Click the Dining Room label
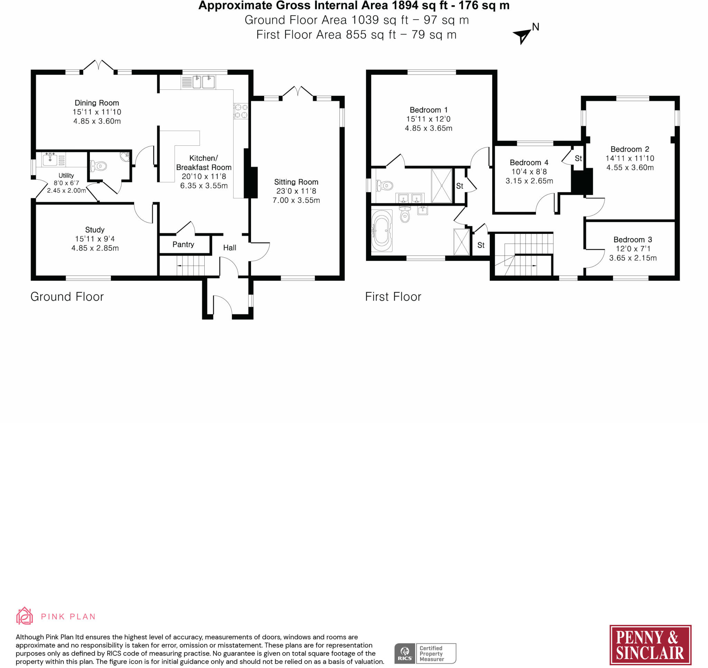click(96, 103)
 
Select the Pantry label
click(183, 245)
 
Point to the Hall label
click(230, 248)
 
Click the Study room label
click(95, 230)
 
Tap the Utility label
click(66, 175)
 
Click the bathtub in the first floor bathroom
click(381, 231)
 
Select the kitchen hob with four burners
click(241, 111)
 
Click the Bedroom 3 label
click(632, 240)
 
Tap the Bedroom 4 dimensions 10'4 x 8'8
click(529, 172)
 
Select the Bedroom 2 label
click(630, 149)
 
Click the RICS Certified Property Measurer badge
click(425, 653)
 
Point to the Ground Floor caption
click(67, 297)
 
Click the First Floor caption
click(393, 297)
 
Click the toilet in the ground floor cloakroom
click(98, 165)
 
